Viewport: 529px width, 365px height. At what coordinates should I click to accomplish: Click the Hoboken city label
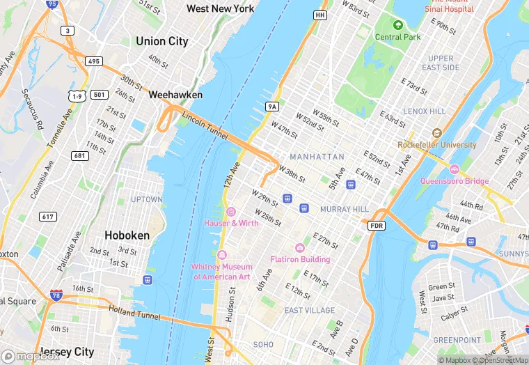click(127, 235)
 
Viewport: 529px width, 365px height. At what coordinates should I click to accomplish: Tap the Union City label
click(161, 41)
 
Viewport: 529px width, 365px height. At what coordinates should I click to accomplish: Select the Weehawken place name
click(175, 95)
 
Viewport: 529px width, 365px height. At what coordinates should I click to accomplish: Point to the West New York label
click(220, 8)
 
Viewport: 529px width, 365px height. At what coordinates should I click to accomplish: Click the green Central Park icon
click(398, 24)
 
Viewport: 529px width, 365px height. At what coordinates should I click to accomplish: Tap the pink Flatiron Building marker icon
click(300, 248)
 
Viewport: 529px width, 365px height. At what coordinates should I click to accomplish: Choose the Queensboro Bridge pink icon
click(454, 169)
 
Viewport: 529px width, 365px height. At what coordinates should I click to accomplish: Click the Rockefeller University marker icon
click(436, 133)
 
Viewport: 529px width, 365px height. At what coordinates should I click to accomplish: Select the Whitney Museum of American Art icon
click(222, 254)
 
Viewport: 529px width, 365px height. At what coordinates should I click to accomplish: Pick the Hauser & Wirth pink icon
click(231, 212)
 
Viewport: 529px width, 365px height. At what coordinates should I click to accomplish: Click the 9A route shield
click(272, 107)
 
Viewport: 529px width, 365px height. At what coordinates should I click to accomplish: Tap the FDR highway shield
click(376, 226)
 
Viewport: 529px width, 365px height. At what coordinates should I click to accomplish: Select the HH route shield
click(319, 15)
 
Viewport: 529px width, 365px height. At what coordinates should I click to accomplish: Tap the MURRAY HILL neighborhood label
click(344, 209)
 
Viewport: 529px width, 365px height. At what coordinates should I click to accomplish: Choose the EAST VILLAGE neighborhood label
click(310, 310)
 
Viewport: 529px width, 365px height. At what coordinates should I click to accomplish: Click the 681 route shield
click(80, 155)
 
